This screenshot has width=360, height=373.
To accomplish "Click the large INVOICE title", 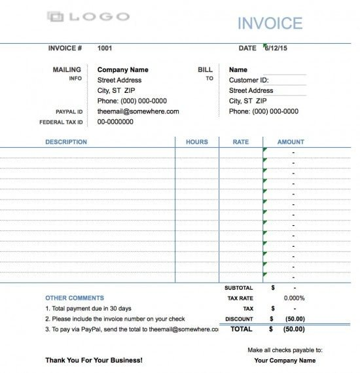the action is [x=270, y=24].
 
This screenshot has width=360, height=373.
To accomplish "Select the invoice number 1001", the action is [x=105, y=48].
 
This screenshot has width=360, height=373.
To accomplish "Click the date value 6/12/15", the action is [x=278, y=48].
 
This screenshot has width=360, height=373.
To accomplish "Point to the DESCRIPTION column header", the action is [x=66, y=142].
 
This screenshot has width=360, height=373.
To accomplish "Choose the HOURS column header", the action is [x=196, y=142].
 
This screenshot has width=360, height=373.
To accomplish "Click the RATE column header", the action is [x=241, y=142].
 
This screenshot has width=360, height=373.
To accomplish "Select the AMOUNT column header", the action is [x=291, y=142].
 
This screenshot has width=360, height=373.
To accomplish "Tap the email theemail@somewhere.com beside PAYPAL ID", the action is [x=138, y=111].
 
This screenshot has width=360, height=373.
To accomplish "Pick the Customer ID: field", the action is [x=249, y=80].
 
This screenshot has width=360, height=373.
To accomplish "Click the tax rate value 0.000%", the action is [x=293, y=298].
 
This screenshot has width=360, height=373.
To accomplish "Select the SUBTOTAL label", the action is [x=238, y=287].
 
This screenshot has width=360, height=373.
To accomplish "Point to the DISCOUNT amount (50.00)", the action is [x=294, y=319].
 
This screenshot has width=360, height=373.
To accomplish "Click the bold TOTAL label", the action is [x=241, y=329].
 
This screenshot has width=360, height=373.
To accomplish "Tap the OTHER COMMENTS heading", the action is [x=75, y=298].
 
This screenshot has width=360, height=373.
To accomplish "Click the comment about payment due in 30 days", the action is [x=88, y=308].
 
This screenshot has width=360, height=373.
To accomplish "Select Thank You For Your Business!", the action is [x=94, y=361].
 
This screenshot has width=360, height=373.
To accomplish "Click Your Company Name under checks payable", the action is [x=285, y=361].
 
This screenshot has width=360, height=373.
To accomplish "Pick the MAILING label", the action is [x=67, y=70].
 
